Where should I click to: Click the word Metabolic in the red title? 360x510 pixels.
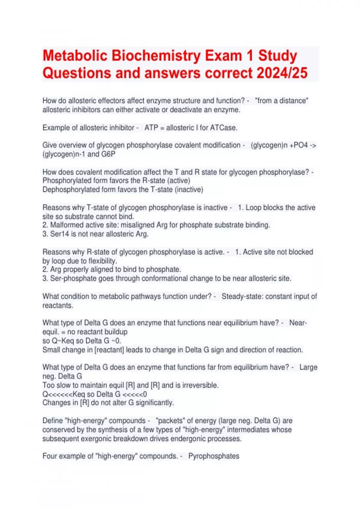pos(75,56)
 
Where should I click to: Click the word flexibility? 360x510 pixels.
pos(102,261)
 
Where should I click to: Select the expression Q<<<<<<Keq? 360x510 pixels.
pos(64,394)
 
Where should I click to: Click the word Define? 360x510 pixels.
pos(52,421)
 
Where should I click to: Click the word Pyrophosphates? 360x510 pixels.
pos(214,456)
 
